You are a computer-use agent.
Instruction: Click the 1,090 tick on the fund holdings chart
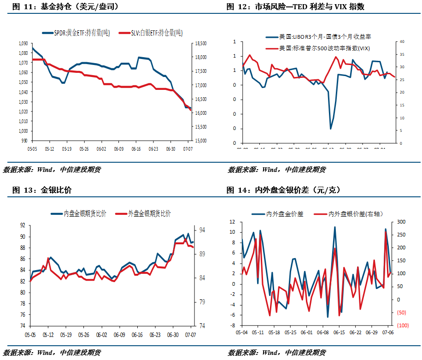pyautogui.click(x=23, y=43)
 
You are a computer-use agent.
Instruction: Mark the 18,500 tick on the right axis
pyautogui.click(x=200, y=43)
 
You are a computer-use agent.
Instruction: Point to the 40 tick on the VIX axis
pyautogui.click(x=401, y=42)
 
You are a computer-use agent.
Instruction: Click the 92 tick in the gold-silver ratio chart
pyautogui.click(x=22, y=226)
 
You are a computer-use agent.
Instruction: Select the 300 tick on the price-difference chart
pyautogui.click(x=401, y=222)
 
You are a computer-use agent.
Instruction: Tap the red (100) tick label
pyautogui.click(x=402, y=325)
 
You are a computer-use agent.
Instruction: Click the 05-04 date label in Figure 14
pyautogui.click(x=241, y=332)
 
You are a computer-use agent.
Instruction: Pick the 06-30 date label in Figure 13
pyautogui.click(x=173, y=335)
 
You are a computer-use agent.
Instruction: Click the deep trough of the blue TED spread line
pyautogui.click(x=330, y=129)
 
